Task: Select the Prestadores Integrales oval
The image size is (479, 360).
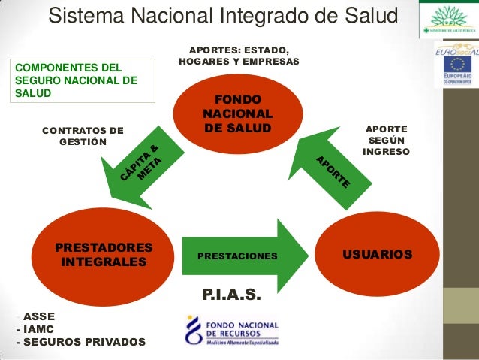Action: pos(104,255)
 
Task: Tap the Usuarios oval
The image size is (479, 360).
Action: pos(377,255)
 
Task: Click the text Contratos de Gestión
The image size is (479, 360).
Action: pos(83,135)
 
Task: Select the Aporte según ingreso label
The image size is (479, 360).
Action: pos(386,141)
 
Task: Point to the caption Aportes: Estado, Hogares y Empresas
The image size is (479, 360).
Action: pos(239,54)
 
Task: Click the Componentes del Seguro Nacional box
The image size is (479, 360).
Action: pos(81,80)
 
